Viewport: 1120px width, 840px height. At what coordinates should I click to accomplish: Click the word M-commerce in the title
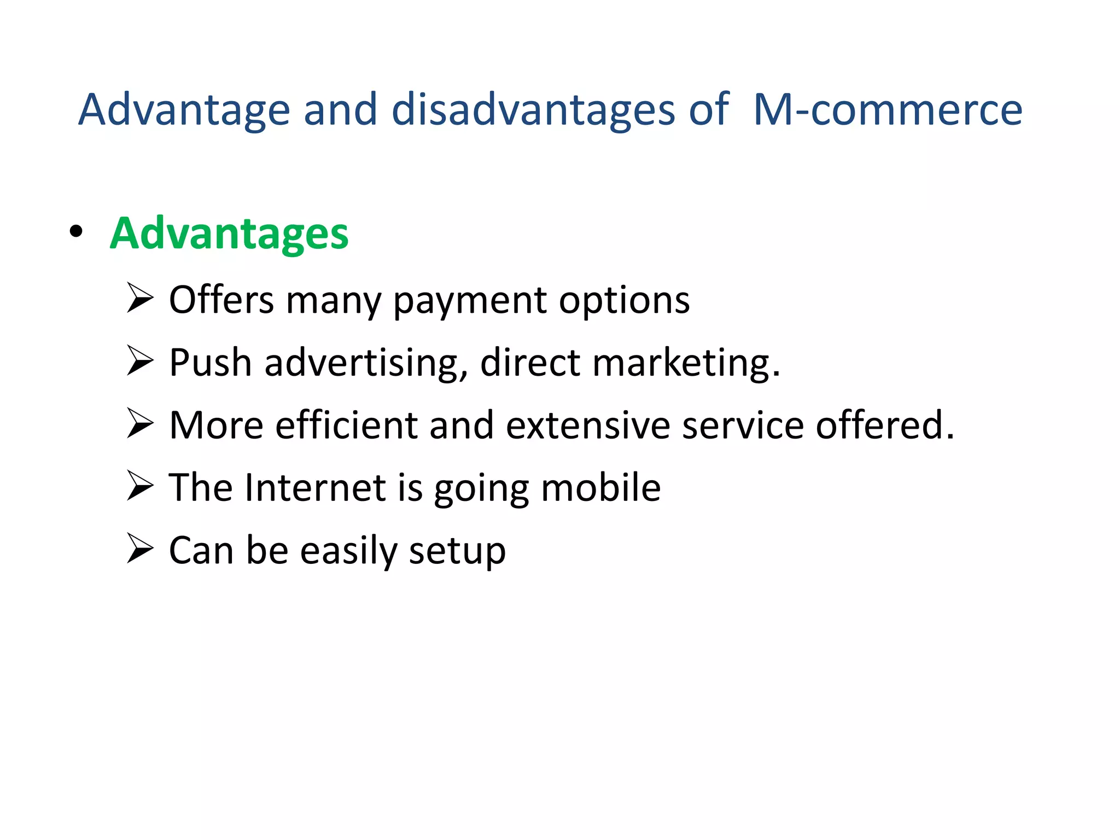pyautogui.click(x=887, y=110)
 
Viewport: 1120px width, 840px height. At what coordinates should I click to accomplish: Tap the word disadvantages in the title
pyautogui.click(x=533, y=110)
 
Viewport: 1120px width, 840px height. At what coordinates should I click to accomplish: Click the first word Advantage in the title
pyautogui.click(x=184, y=110)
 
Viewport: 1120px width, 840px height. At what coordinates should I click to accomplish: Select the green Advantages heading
pyautogui.click(x=229, y=234)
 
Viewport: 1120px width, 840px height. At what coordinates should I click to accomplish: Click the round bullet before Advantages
pyautogui.click(x=76, y=232)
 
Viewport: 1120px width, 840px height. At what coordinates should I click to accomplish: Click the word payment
pyautogui.click(x=469, y=301)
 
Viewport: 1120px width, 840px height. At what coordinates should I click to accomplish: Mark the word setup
pyautogui.click(x=457, y=551)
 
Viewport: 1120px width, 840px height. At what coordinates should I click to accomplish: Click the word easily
pyautogui.click(x=348, y=551)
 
